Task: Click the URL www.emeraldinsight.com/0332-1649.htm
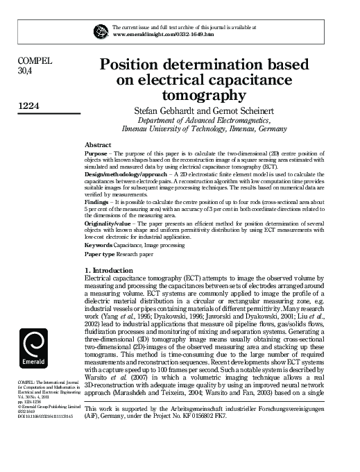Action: point(156,33)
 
